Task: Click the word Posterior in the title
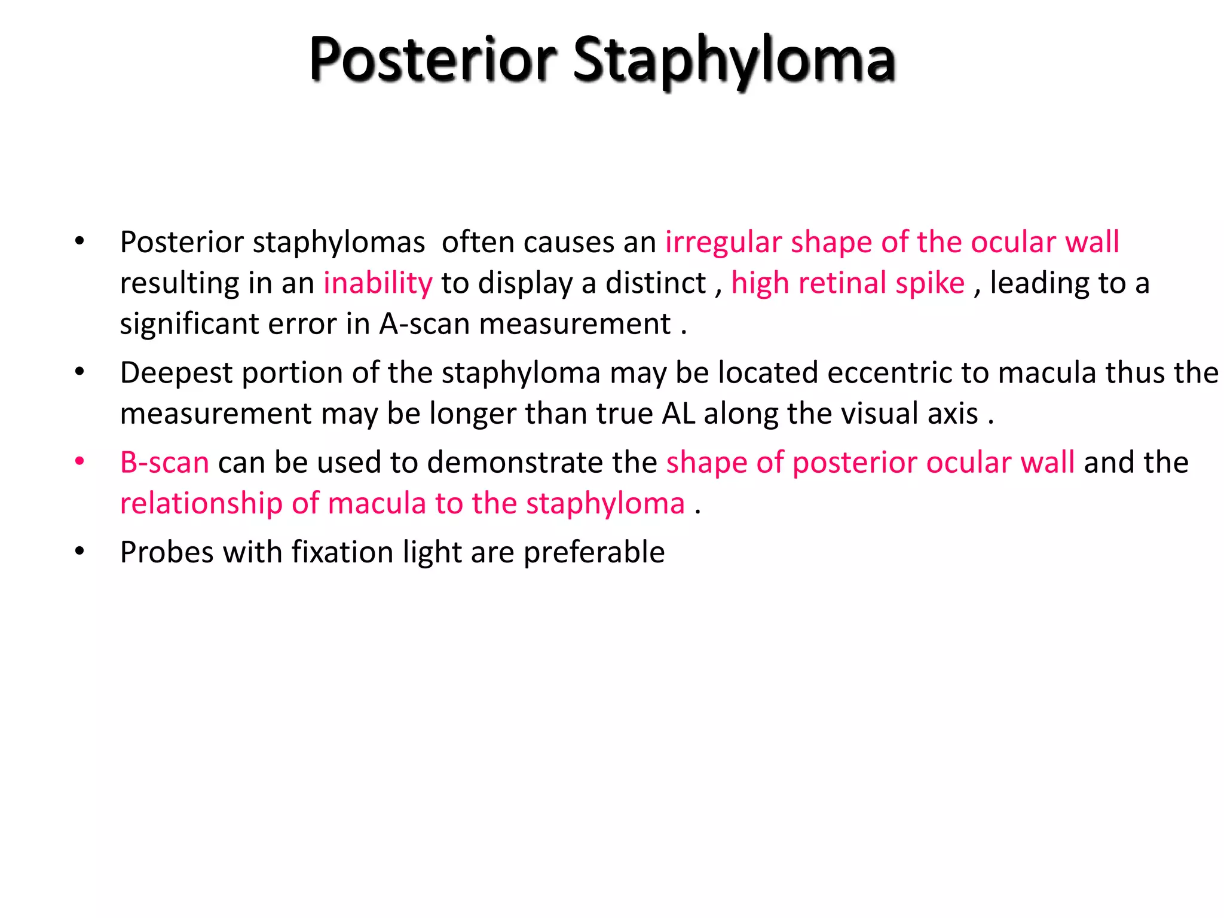tap(433, 60)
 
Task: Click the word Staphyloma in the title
tap(734, 60)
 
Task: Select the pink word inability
tap(378, 283)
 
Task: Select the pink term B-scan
tap(164, 463)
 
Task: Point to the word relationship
tap(201, 503)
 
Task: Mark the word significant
tap(189, 324)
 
